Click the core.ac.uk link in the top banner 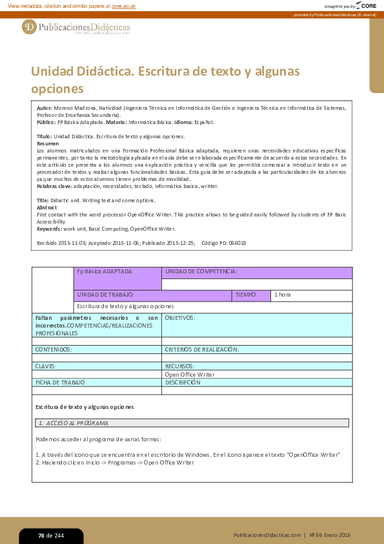[x=124, y=6]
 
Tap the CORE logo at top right [x=365, y=6]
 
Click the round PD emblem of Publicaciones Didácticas [x=29, y=27]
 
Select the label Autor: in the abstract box [x=45, y=108]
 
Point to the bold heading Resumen [x=48, y=143]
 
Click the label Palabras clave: [x=55, y=186]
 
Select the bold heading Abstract [x=47, y=207]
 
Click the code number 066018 [x=235, y=243]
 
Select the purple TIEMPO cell [x=250, y=295]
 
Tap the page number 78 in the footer [x=41, y=536]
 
